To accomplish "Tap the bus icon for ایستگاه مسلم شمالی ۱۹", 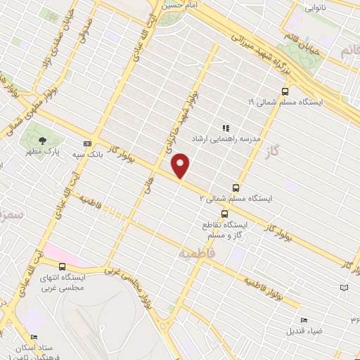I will pyautogui.click(x=285, y=91).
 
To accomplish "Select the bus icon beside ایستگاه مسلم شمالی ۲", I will pyautogui.click(x=236, y=188).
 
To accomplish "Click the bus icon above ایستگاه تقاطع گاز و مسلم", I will pyautogui.click(x=224, y=214).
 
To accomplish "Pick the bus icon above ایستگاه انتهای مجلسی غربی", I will pyautogui.click(x=63, y=266).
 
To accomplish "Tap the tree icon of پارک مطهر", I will pyautogui.click(x=44, y=140).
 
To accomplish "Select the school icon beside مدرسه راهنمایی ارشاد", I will pyautogui.click(x=226, y=128).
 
